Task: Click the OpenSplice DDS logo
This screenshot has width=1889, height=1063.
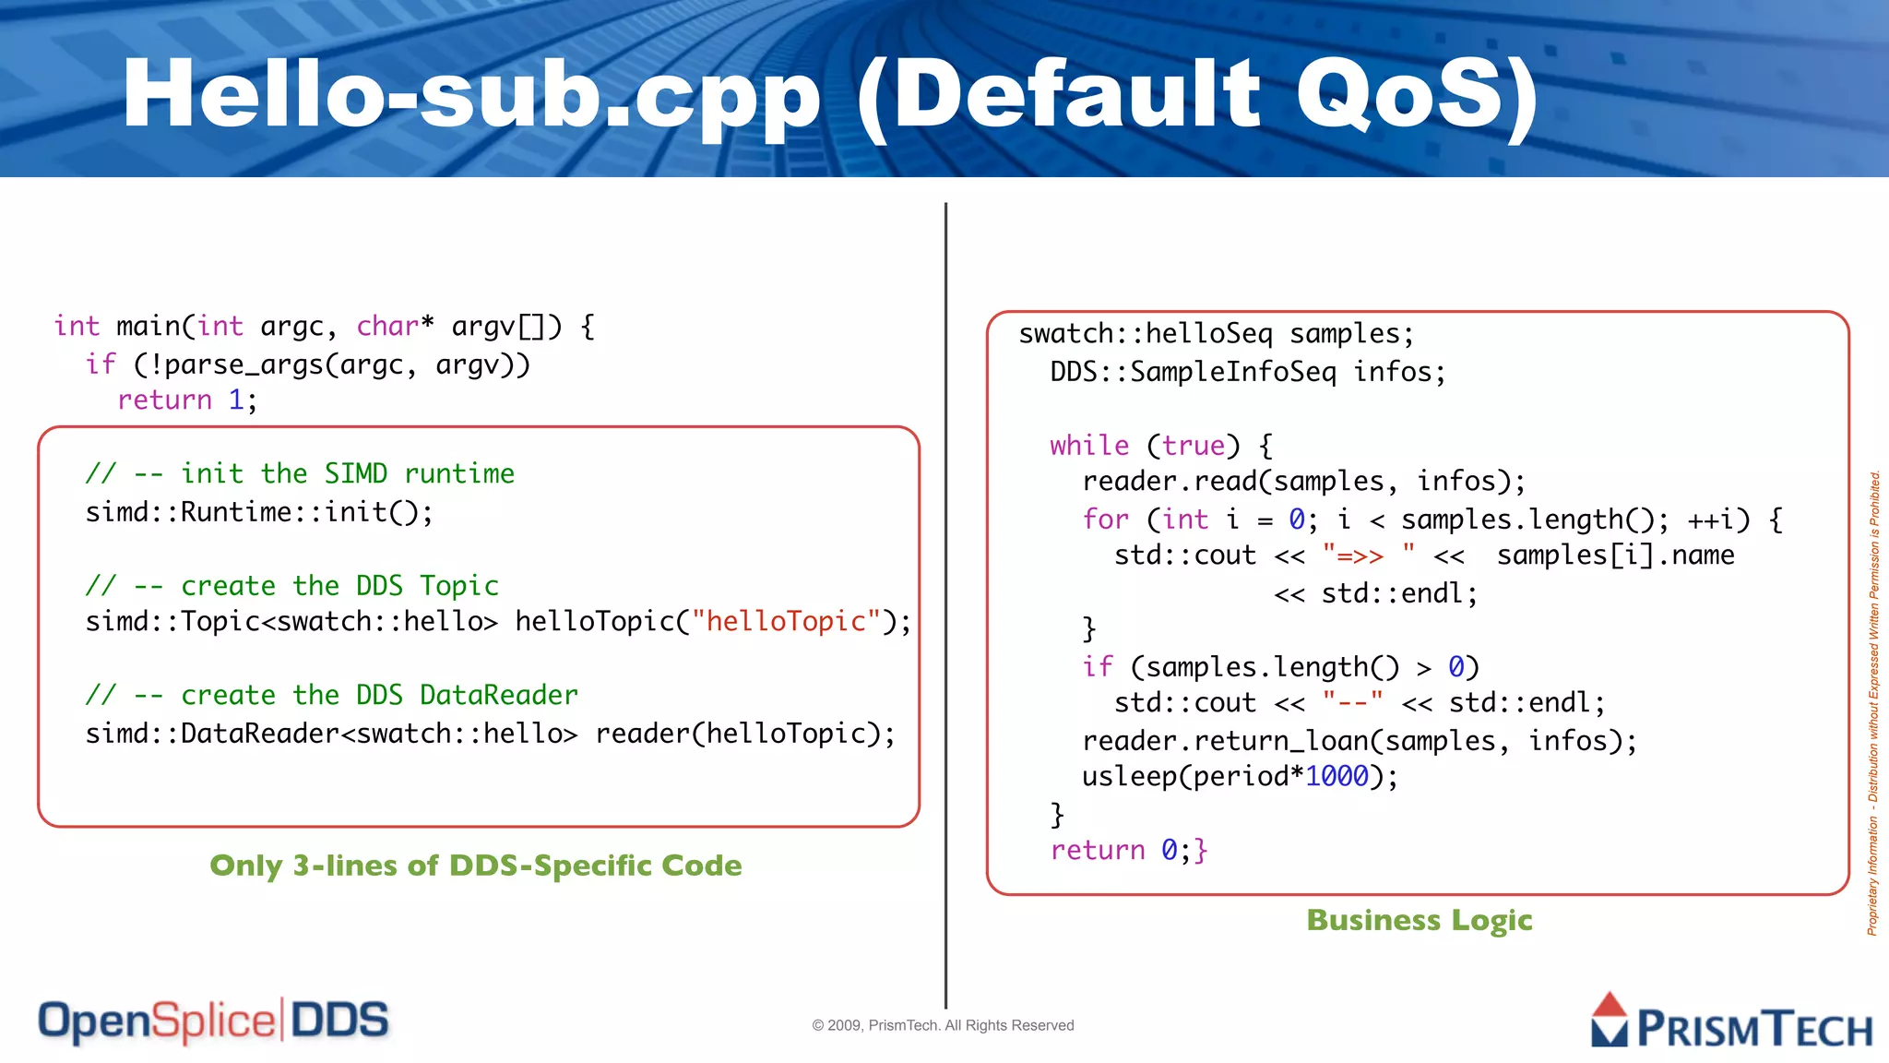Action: coord(213,1021)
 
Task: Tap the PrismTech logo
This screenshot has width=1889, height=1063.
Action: coord(1731,1022)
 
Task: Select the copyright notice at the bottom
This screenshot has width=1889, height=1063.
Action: coord(943,1025)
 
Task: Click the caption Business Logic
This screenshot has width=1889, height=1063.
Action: coord(1419,920)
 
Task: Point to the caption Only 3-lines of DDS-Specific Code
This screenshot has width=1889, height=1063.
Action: coord(475,866)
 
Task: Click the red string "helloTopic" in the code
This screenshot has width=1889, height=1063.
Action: coord(786,621)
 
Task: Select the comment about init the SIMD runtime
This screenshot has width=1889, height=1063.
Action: coord(300,473)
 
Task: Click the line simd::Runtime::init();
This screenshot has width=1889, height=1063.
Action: coord(259,511)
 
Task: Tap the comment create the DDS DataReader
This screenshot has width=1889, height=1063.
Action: coord(332,695)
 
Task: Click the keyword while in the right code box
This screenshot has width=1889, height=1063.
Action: coord(1088,445)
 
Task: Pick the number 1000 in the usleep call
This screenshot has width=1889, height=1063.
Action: coord(1337,776)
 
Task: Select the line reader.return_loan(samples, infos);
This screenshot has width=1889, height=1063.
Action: coord(1359,740)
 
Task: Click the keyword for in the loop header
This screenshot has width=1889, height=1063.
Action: coord(1105,519)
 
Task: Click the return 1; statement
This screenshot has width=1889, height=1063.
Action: coord(187,400)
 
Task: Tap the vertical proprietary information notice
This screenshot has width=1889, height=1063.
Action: coord(1873,701)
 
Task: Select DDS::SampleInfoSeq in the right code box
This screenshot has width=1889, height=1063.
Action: coord(1193,372)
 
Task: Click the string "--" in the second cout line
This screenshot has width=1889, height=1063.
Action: coord(1352,703)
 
